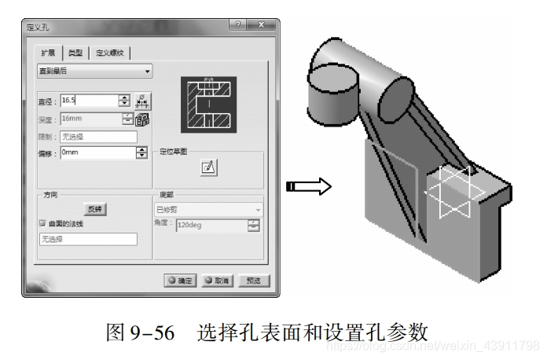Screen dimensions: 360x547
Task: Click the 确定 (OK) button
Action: coord(180,280)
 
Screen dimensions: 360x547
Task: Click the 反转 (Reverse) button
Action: coord(95,209)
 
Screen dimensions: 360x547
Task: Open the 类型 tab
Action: coord(75,53)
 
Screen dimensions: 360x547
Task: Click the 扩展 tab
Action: coord(49,53)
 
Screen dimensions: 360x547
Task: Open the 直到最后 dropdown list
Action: coord(95,72)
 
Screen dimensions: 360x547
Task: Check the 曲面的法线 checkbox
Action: coord(43,224)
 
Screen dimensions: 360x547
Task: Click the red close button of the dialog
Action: coord(263,25)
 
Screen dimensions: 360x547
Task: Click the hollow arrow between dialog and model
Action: coord(307,186)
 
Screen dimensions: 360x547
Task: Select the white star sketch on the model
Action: coord(449,193)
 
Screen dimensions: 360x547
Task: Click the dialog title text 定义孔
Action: coord(38,26)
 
